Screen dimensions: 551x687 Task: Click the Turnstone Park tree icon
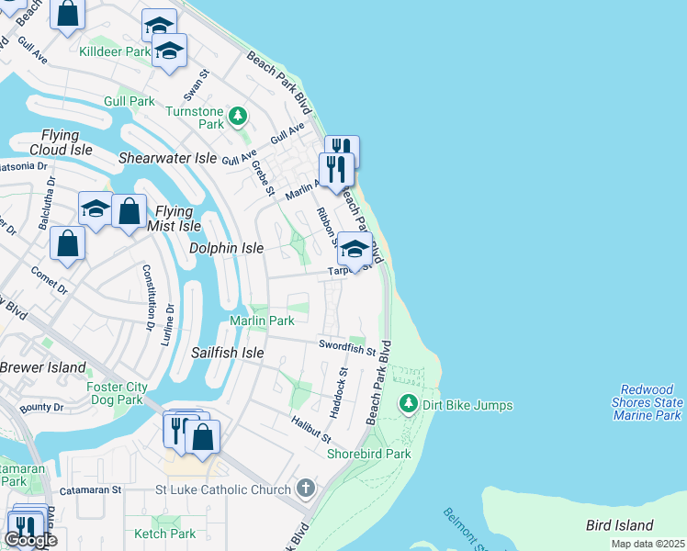(238, 116)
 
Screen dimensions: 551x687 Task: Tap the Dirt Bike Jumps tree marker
(408, 403)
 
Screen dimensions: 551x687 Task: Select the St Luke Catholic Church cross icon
(306, 489)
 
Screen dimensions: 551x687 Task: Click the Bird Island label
(620, 525)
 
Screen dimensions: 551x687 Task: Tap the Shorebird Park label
(369, 454)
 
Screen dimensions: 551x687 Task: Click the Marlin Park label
(262, 320)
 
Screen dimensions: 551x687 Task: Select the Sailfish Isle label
(228, 353)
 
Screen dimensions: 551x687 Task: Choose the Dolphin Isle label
(226, 248)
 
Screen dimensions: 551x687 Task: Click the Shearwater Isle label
(167, 158)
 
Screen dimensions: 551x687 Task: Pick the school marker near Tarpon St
(355, 250)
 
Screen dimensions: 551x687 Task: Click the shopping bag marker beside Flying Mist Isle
(130, 210)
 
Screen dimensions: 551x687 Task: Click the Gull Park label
(130, 100)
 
